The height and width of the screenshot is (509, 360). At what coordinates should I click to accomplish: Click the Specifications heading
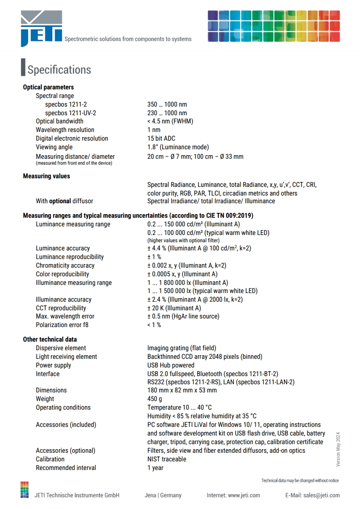coord(59,70)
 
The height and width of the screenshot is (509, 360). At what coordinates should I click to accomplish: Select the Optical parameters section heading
coord(48,87)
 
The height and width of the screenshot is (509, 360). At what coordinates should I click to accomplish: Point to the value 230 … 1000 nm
coord(167,113)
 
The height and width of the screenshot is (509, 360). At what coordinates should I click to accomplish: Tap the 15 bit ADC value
coord(161,138)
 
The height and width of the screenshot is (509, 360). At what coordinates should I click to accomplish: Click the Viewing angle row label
coord(54,147)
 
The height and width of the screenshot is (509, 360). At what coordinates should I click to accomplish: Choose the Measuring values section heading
coord(46,176)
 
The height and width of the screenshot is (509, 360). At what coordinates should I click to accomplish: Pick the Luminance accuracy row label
coord(63,248)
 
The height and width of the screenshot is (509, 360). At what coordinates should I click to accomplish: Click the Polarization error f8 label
coord(62,325)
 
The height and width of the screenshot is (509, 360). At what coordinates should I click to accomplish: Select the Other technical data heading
coord(50,339)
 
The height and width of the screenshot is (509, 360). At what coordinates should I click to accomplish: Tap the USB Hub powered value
coord(171,365)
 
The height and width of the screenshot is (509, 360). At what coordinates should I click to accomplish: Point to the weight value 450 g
coord(155,399)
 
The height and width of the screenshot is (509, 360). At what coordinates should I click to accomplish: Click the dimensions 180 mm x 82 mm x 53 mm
coord(182,390)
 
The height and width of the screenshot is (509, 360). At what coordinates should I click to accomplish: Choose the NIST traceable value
coord(167,459)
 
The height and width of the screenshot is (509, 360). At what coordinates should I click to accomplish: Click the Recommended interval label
coord(66,468)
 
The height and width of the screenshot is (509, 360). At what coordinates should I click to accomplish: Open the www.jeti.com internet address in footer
coord(244,495)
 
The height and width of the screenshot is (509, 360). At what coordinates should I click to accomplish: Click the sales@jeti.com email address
coord(321,495)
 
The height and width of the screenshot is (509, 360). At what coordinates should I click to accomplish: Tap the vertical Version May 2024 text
coord(338,450)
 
